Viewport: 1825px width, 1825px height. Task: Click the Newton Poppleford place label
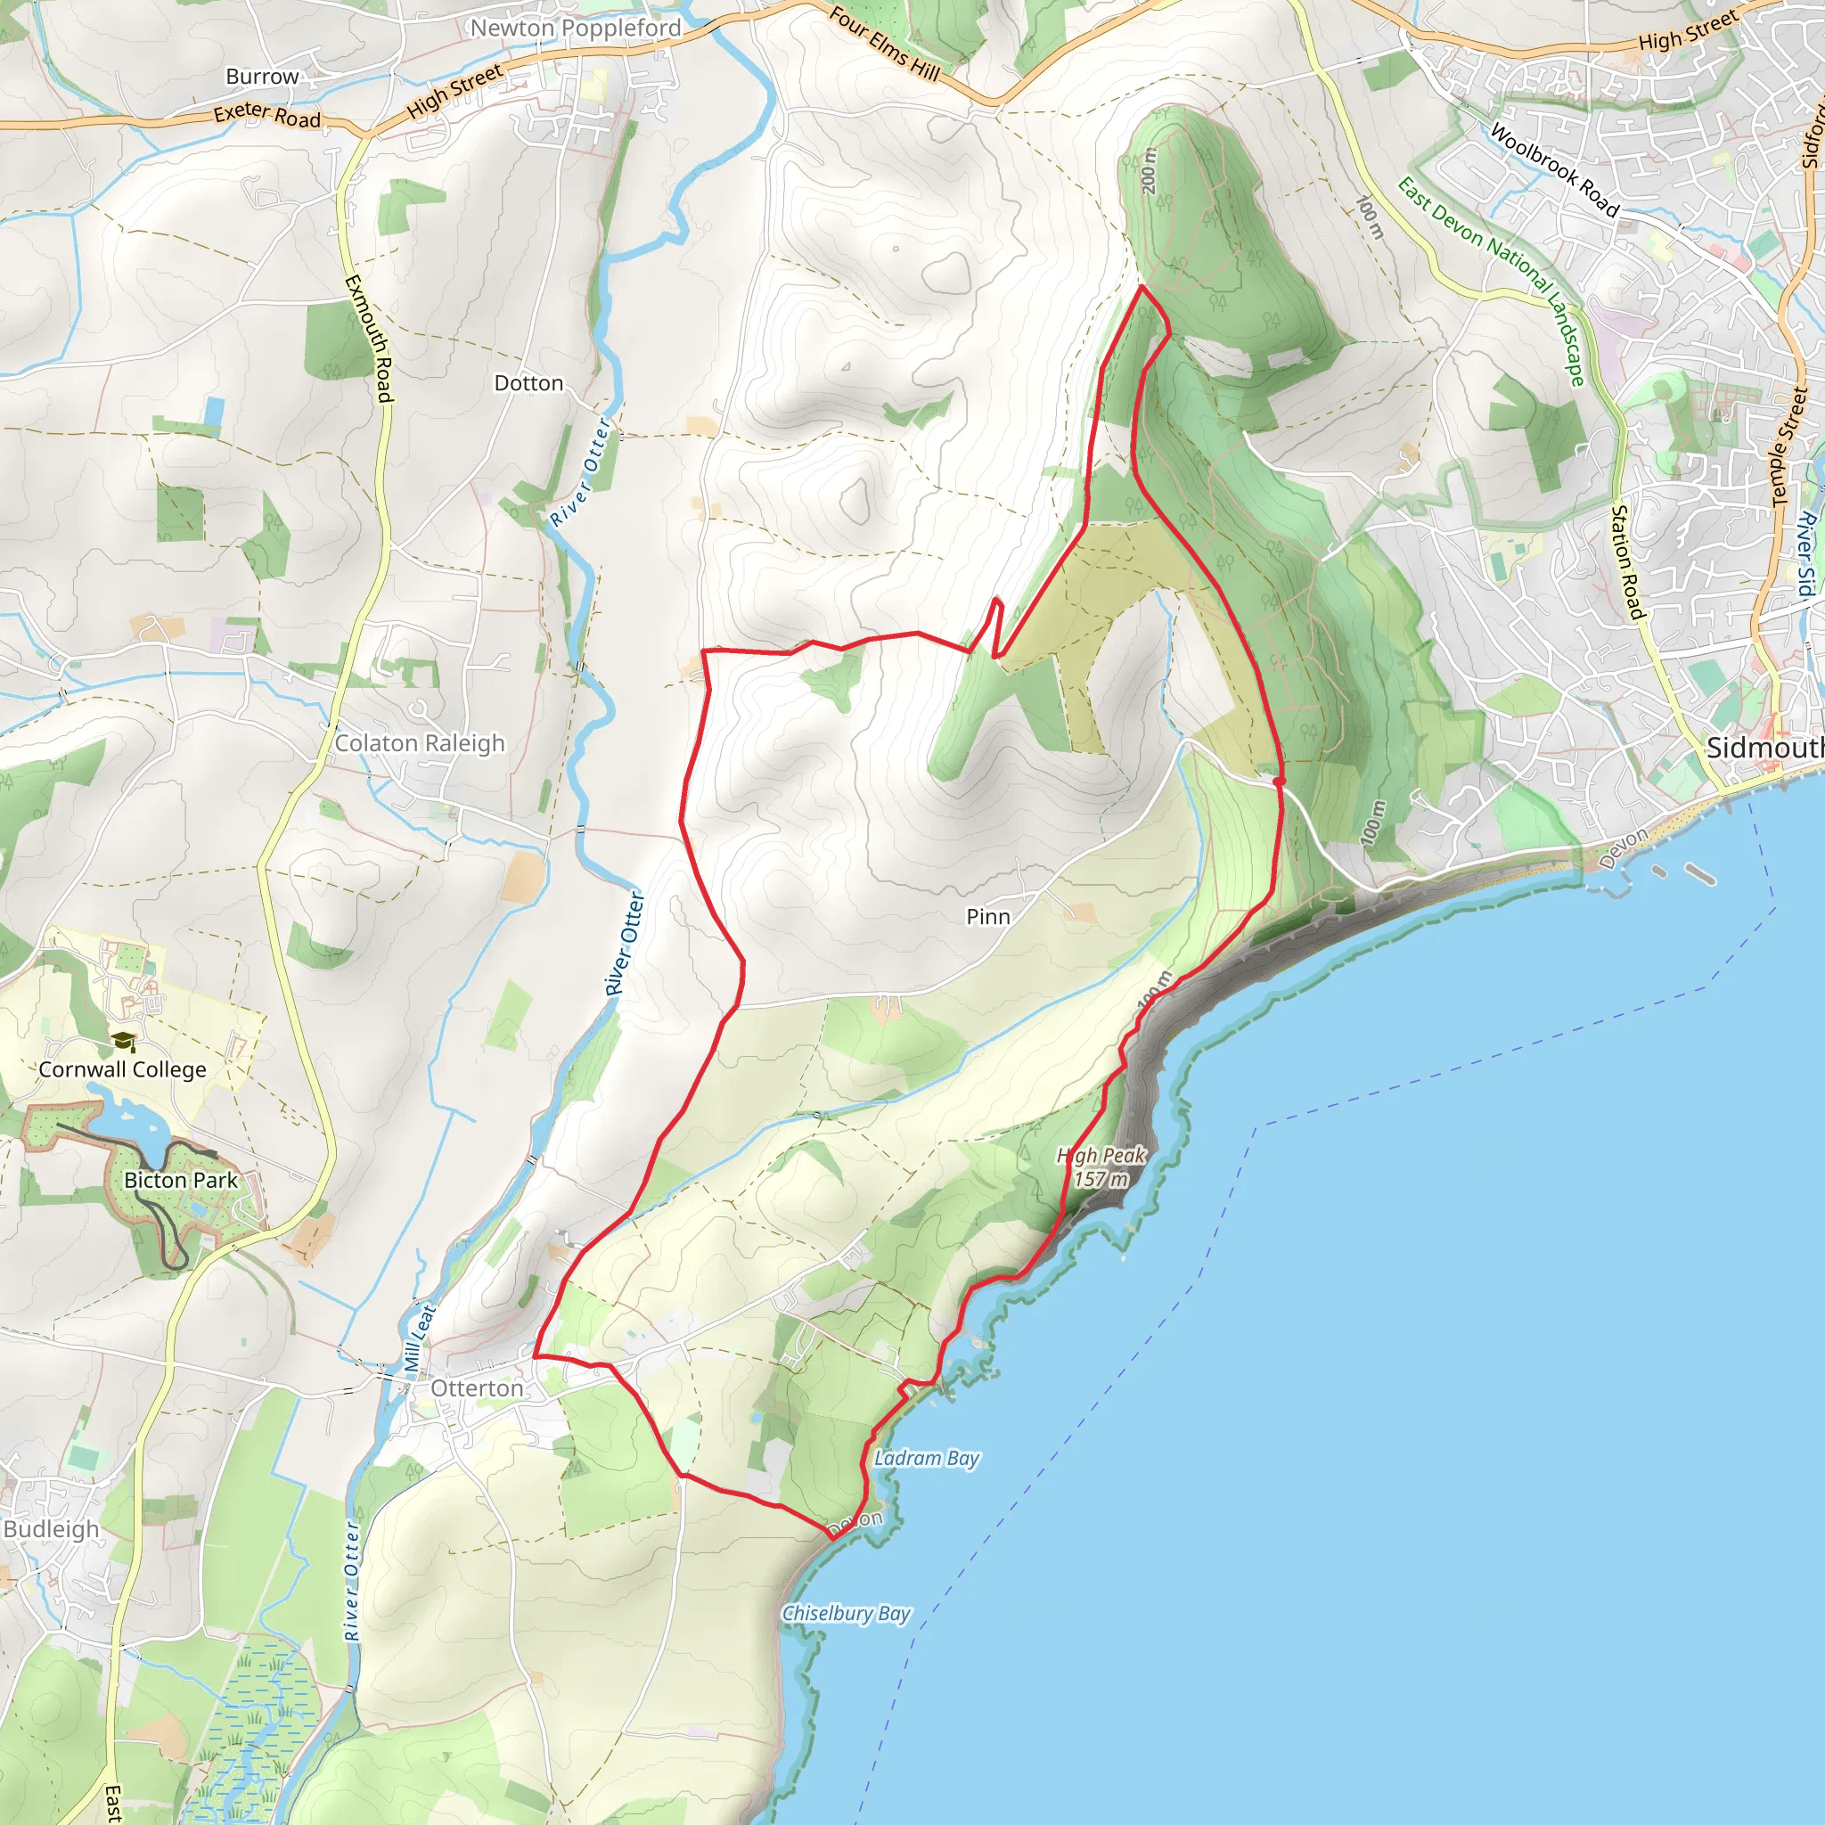click(576, 29)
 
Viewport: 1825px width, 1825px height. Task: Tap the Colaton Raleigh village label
click(420, 743)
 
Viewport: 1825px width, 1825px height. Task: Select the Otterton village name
click(476, 1388)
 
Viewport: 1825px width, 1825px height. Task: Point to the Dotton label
click(528, 383)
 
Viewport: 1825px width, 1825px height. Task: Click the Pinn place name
click(988, 916)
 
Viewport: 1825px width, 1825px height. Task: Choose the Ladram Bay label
click(927, 1458)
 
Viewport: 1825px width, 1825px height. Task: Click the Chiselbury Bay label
click(847, 1614)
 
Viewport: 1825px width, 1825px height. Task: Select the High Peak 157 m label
click(1101, 1166)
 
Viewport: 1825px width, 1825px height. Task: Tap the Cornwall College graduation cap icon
click(123, 1042)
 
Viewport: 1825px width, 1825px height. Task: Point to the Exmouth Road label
click(369, 338)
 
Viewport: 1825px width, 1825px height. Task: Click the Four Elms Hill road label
click(884, 45)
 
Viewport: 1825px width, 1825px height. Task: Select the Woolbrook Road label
click(1555, 170)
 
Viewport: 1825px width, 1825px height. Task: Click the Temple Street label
click(1789, 446)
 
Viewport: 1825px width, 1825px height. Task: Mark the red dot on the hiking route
click(1279, 782)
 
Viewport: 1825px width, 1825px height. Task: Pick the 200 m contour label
click(1149, 171)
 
